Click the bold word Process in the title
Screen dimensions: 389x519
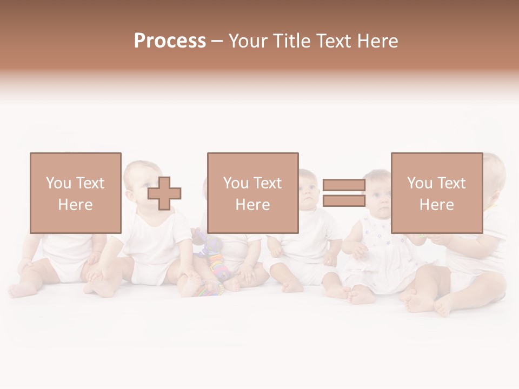(x=170, y=41)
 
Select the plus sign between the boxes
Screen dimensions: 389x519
(x=164, y=193)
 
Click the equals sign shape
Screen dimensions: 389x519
(x=344, y=193)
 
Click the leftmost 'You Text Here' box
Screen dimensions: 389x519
(x=75, y=193)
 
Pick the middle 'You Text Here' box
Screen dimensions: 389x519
(x=252, y=193)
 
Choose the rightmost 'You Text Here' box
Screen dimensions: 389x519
(x=436, y=193)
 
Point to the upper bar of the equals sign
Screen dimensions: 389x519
(x=344, y=185)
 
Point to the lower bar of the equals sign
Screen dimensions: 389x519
(x=344, y=201)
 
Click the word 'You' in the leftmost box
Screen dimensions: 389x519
(x=58, y=183)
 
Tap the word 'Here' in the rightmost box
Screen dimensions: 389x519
(x=436, y=204)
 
